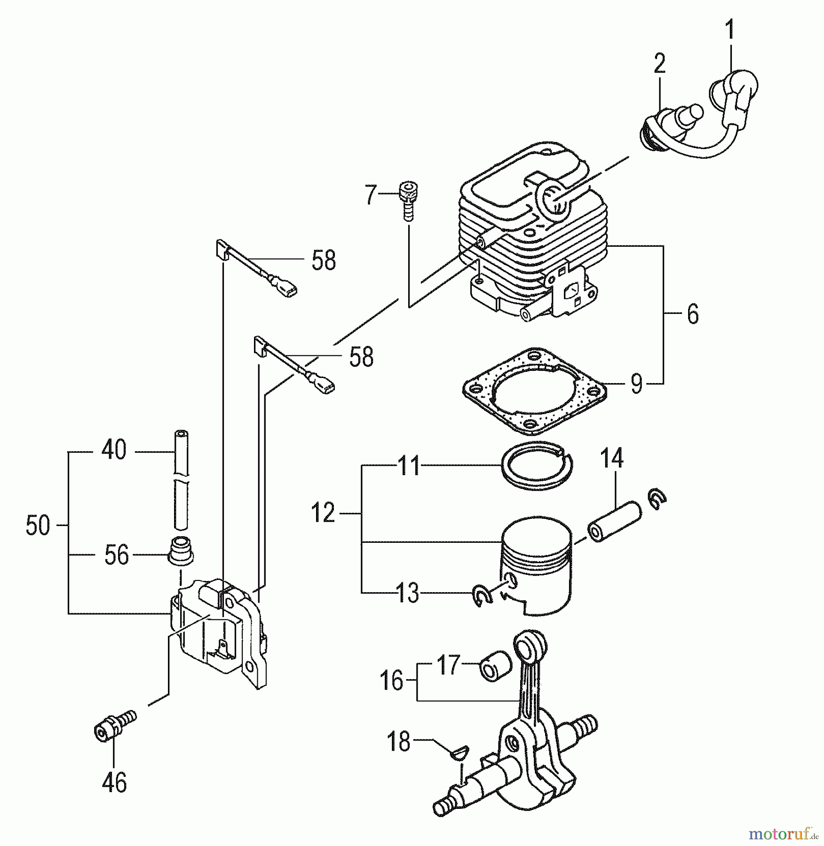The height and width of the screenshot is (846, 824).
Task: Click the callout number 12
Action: point(323,513)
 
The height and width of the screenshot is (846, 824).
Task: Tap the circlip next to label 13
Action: point(482,595)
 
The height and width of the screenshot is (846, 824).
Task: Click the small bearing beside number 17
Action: point(495,666)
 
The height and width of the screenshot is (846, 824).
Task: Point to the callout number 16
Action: point(392,680)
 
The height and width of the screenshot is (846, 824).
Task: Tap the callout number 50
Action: point(38,525)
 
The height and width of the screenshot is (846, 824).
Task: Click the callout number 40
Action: point(114,450)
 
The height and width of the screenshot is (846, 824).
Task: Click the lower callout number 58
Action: point(361,357)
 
